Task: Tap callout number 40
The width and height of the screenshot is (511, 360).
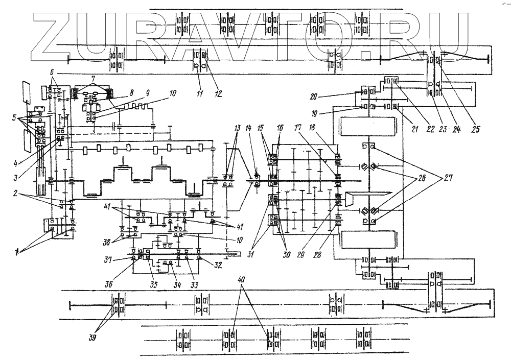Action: point(241,279)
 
